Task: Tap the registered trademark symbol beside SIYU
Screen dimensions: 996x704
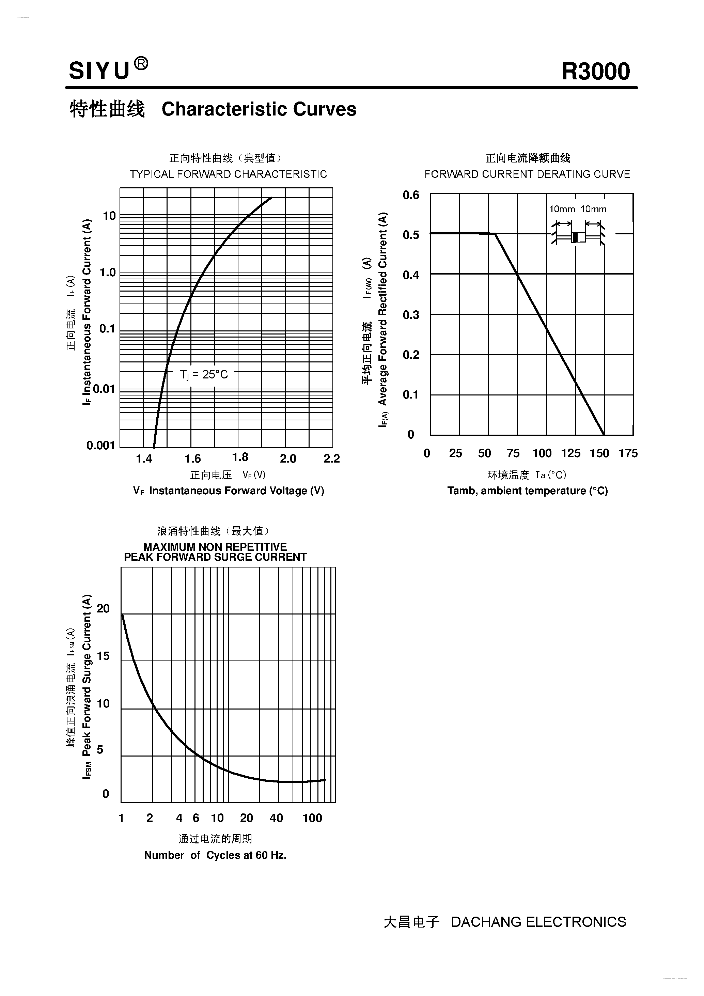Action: pos(141,64)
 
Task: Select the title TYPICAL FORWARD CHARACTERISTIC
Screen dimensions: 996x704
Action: pos(228,174)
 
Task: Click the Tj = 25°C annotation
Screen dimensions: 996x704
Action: pos(203,374)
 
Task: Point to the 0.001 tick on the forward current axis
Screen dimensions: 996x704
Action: pos(100,446)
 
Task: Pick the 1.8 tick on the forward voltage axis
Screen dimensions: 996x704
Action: pos(240,457)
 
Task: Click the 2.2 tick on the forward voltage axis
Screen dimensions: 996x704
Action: pos(331,458)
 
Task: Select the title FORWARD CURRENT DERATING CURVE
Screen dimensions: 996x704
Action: pos(527,174)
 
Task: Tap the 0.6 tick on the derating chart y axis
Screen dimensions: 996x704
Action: pos(411,195)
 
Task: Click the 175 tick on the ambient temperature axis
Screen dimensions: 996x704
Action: pos(628,453)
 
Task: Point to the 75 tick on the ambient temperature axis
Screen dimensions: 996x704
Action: pos(513,453)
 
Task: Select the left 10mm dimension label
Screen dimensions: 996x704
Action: pos(562,209)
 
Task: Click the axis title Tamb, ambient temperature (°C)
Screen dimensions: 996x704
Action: pos(528,491)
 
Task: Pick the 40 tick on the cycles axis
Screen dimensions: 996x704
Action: pos(276,818)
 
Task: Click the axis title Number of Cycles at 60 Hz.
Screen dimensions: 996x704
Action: pos(215,855)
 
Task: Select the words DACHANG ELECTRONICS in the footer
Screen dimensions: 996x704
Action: pos(538,922)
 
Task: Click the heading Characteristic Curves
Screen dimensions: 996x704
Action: pos(259,109)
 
